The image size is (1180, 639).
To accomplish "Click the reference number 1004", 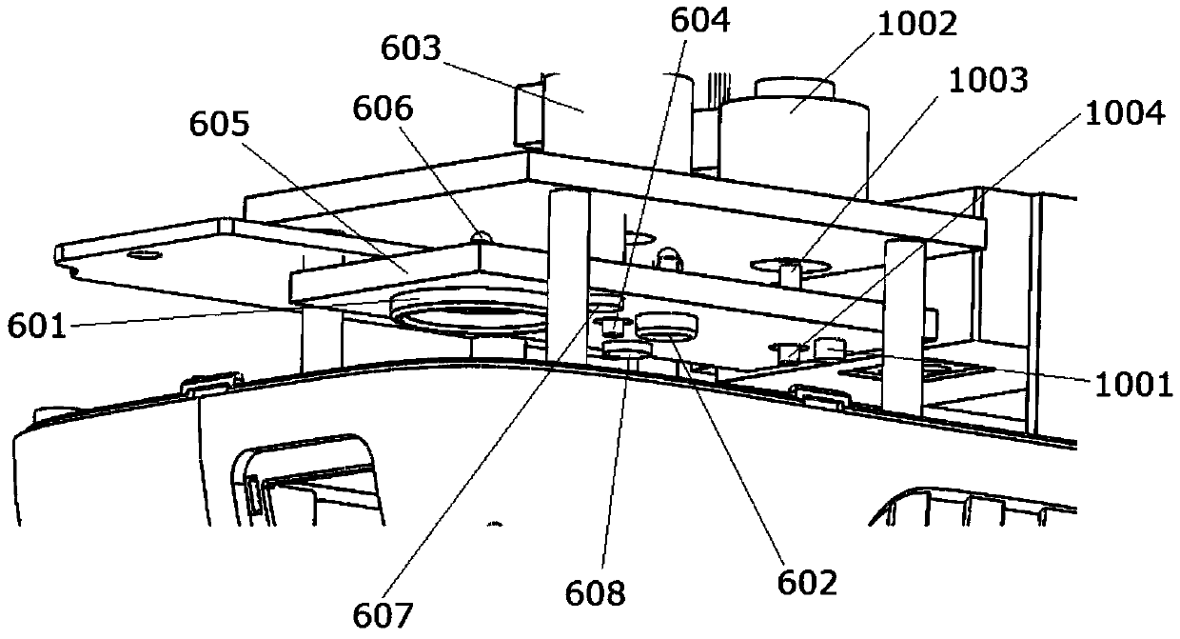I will tap(1123, 115).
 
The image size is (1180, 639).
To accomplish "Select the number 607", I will tap(386, 615).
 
